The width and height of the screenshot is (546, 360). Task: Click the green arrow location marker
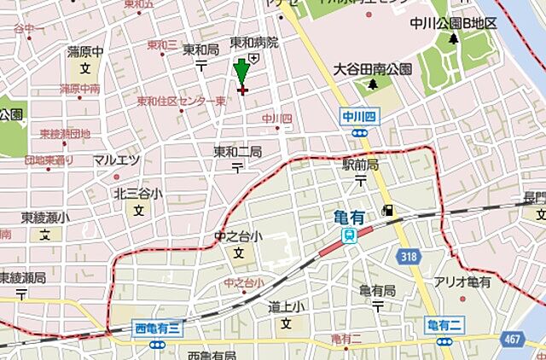pyautogui.click(x=241, y=71)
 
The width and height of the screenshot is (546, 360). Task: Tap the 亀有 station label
pyautogui.click(x=350, y=218)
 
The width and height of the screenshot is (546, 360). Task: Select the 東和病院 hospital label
pyautogui.click(x=254, y=42)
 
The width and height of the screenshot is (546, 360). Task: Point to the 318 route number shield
pyautogui.click(x=409, y=255)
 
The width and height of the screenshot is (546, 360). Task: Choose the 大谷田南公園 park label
pyautogui.click(x=373, y=68)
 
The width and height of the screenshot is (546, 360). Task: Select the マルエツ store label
pyautogui.click(x=116, y=160)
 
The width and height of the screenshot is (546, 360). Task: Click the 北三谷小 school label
pyautogui.click(x=138, y=194)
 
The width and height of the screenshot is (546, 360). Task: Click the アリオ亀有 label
pyautogui.click(x=463, y=282)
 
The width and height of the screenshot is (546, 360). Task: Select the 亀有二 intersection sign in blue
pyautogui.click(x=443, y=324)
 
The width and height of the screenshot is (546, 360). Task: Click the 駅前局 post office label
pyautogui.click(x=361, y=164)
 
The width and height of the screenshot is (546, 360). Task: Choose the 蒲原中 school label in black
pyautogui.click(x=85, y=52)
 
